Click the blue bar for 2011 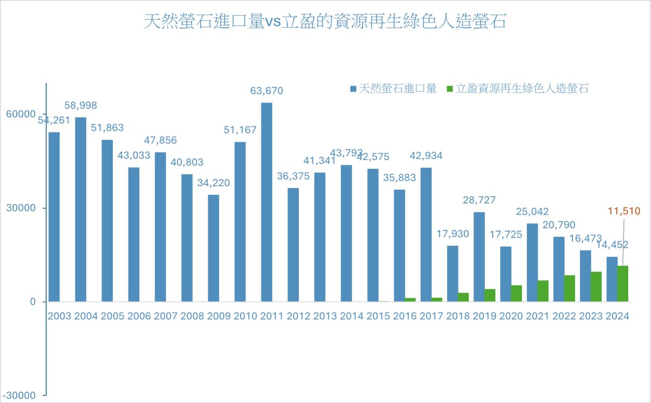[266, 202]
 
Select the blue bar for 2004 [80, 209]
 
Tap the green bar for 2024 [623, 284]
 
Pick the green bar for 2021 [543, 291]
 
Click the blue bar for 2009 [213, 248]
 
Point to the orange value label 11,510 [624, 211]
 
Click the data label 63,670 [266, 91]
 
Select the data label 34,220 [213, 183]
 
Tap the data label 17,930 [453, 234]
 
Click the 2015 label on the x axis [378, 316]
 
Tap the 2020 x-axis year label [511, 316]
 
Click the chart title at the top [325, 22]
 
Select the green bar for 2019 [490, 295]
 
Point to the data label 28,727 [479, 200]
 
